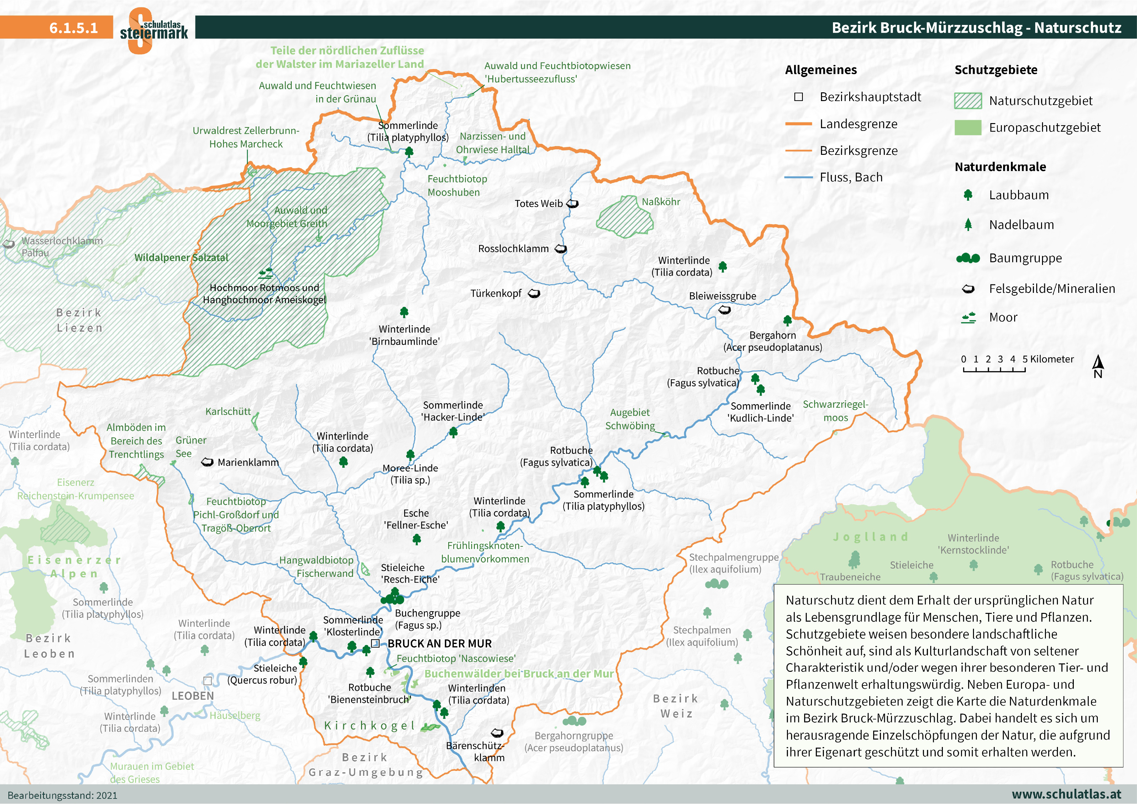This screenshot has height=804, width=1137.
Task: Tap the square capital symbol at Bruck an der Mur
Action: [375, 644]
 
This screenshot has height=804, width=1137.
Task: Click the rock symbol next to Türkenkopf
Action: [534, 293]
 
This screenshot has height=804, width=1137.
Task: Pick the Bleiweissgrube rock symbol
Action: [724, 310]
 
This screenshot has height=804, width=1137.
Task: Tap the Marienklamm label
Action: [248, 462]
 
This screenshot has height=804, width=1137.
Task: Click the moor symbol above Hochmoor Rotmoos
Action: [266, 273]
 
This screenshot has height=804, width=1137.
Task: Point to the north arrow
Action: [1098, 366]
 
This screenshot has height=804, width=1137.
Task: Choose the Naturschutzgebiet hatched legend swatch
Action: [967, 101]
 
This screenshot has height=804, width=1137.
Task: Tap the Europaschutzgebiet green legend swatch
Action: [967, 128]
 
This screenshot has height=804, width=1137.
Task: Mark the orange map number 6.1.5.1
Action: [73, 28]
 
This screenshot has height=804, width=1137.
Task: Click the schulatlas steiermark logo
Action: [154, 30]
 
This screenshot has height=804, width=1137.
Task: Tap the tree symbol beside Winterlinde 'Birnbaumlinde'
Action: [404, 312]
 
